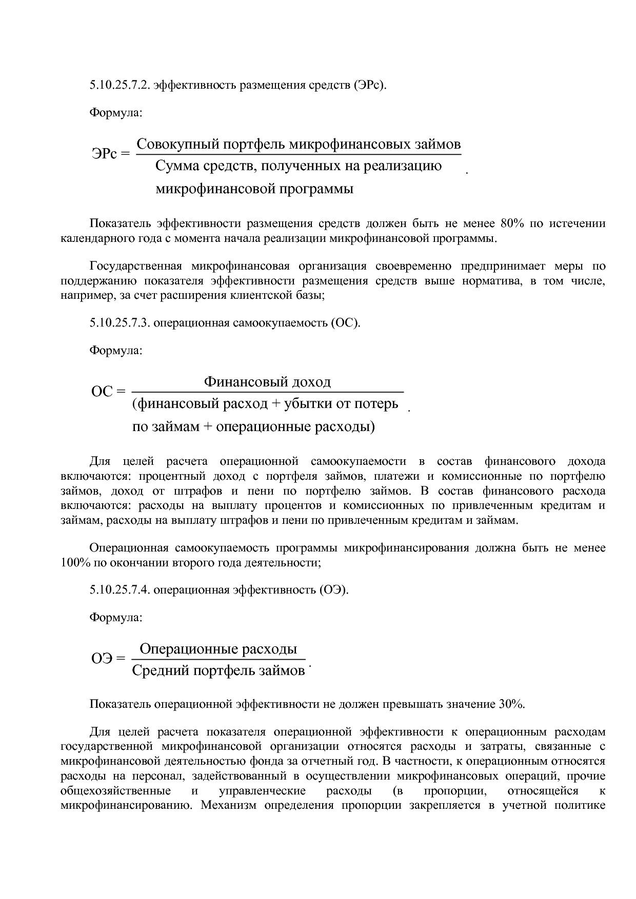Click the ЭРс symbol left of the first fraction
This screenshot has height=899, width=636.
tap(105, 153)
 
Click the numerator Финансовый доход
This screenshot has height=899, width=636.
tap(267, 381)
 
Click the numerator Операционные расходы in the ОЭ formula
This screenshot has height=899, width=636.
tap(218, 649)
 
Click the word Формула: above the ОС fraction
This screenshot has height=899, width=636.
tap(116, 351)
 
